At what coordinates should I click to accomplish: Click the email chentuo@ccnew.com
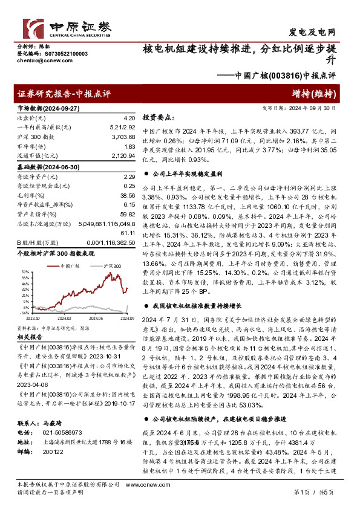pyautogui.click(x=38, y=61)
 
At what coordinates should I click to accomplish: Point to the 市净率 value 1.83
pyautogui.click(x=128, y=148)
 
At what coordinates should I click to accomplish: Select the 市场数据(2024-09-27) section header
pyautogui.click(x=47, y=107)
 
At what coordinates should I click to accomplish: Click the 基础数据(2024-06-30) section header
pyautogui.click(x=47, y=167)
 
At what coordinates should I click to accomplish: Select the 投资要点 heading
pyautogui.click(x=159, y=118)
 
